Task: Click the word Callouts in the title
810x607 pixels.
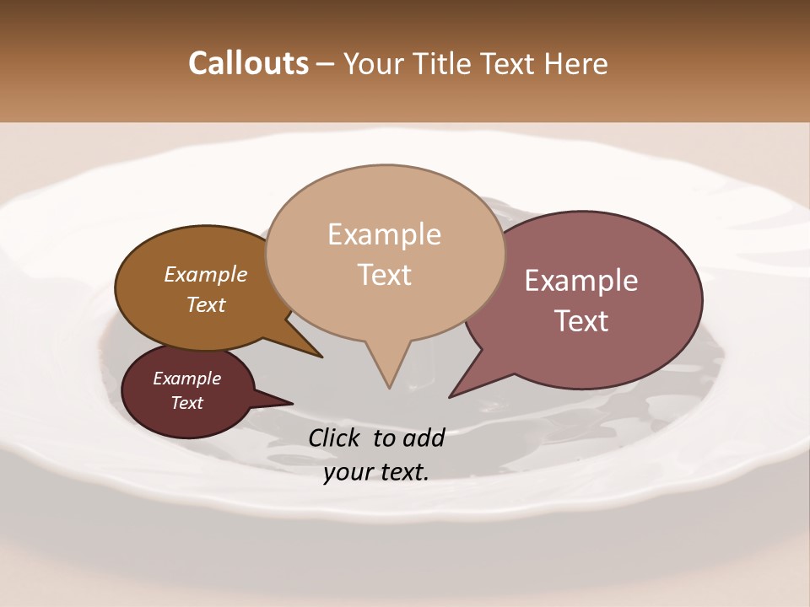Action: point(248,63)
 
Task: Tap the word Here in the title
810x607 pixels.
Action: point(578,63)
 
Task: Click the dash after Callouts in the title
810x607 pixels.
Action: point(326,64)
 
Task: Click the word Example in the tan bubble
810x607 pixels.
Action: point(384,234)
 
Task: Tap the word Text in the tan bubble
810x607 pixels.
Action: point(384,275)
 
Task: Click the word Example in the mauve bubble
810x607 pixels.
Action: point(581,281)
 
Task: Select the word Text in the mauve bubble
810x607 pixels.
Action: point(581,321)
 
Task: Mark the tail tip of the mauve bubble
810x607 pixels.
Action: point(450,397)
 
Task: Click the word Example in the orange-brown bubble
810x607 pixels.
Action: point(206,274)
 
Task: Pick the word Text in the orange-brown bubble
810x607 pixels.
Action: point(206,304)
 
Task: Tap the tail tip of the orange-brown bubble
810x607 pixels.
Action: point(321,357)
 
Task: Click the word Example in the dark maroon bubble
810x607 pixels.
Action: point(187,379)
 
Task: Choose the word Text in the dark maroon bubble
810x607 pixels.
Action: point(187,403)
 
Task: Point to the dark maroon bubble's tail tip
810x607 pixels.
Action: point(292,403)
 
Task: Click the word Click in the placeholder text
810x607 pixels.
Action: point(336,438)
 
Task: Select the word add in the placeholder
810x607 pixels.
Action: point(423,438)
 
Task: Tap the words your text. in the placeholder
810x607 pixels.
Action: point(376,472)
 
